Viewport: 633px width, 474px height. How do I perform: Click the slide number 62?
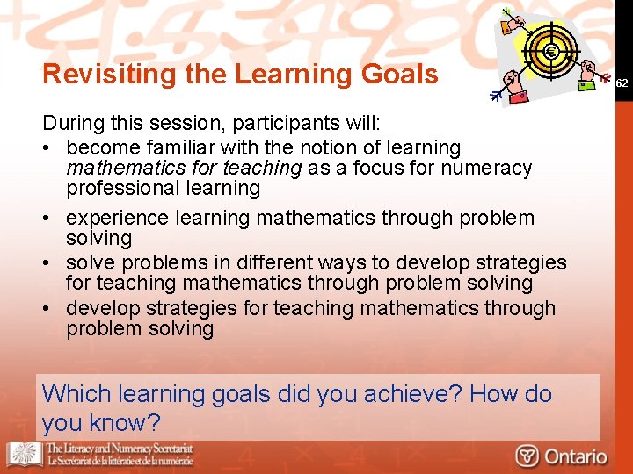(622, 83)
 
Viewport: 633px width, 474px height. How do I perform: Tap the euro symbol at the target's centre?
(551, 51)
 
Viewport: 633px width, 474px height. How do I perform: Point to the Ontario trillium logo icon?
(527, 456)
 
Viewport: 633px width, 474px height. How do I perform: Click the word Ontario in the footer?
(575, 456)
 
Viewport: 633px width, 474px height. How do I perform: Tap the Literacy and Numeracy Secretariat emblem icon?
(24, 454)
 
